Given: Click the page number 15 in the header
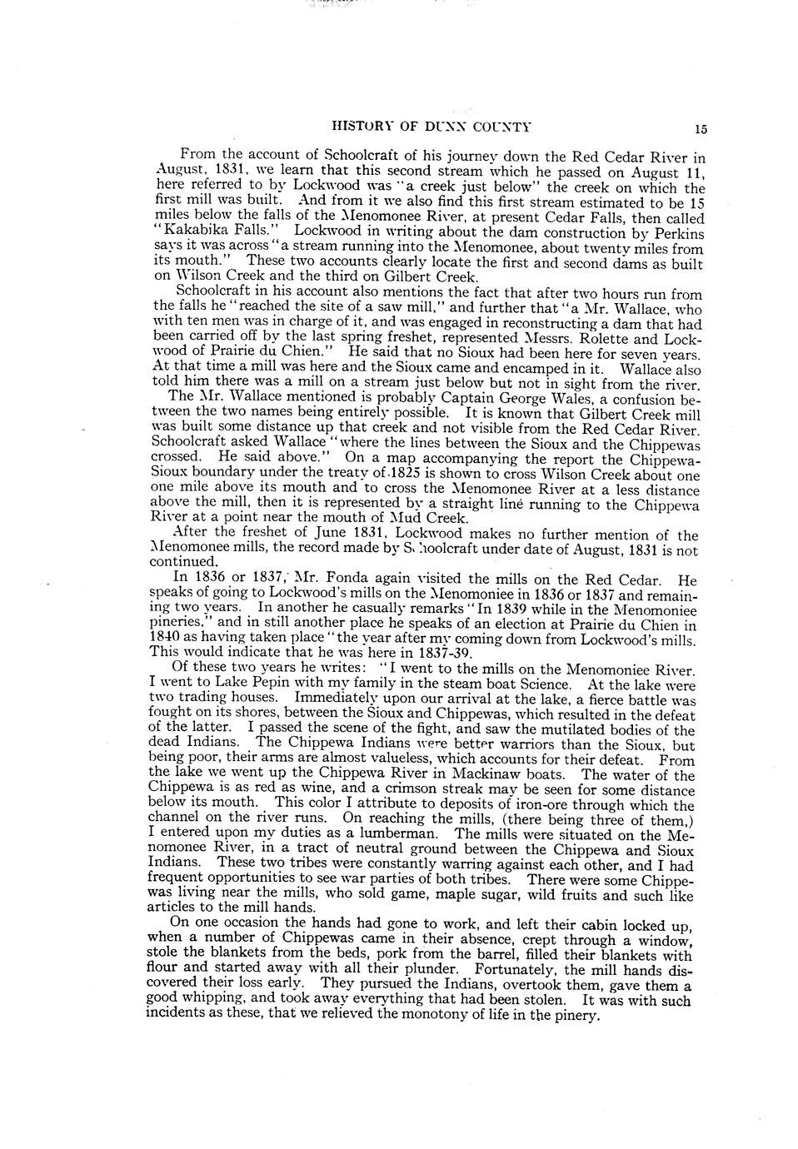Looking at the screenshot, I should [700, 129].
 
